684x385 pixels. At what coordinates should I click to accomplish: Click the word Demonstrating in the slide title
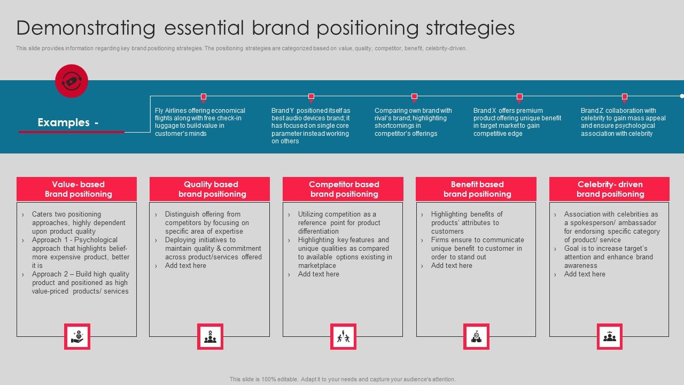pyautogui.click(x=86, y=28)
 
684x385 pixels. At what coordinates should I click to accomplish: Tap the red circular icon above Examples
pyautogui.click(x=72, y=81)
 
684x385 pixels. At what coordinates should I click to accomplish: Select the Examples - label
pyautogui.click(x=68, y=122)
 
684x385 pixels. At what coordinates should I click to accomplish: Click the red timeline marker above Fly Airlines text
pyautogui.click(x=204, y=97)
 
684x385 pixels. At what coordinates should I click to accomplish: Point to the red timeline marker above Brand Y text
pyautogui.click(x=311, y=97)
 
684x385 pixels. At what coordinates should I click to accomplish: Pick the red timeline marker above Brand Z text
pyautogui.click(x=624, y=97)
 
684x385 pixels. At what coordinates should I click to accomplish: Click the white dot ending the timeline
pyautogui.click(x=682, y=96)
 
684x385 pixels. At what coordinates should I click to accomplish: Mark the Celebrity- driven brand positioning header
pyautogui.click(x=610, y=189)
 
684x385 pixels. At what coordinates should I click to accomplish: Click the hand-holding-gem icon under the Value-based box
pyautogui.click(x=77, y=337)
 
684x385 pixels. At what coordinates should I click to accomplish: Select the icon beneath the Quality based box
pyautogui.click(x=210, y=337)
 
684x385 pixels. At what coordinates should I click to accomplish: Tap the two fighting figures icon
pyautogui.click(x=343, y=337)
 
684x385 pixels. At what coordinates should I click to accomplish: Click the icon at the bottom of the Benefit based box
pyautogui.click(x=476, y=337)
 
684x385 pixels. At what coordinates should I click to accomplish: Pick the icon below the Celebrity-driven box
pyautogui.click(x=610, y=337)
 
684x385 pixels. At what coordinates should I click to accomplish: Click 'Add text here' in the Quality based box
pyautogui.click(x=185, y=266)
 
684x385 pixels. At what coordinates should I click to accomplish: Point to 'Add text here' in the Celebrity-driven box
pyautogui.click(x=585, y=274)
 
